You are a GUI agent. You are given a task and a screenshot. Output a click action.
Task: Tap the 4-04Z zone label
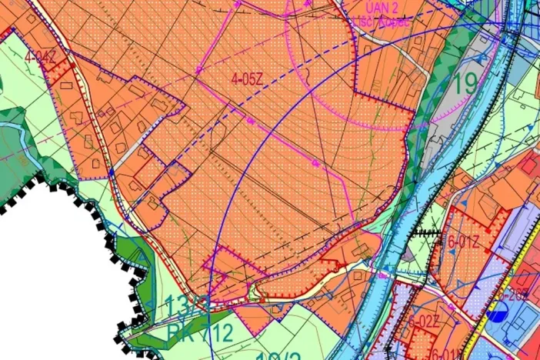click(40, 56)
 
